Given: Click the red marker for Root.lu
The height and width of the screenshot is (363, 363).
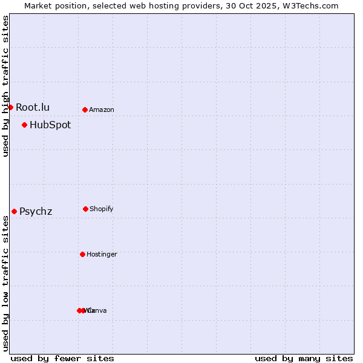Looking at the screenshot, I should pos(10,107).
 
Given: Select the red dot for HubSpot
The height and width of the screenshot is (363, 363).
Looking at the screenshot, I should pos(24,125).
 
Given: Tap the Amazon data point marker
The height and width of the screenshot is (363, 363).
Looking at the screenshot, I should pos(85,110).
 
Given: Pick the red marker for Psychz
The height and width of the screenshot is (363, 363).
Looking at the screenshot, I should pos(14,211).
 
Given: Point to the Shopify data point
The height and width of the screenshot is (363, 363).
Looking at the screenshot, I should pos(85,209).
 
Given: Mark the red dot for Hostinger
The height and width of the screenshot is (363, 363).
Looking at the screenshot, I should pos(82,254).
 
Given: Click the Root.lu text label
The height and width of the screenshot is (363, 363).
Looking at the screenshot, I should pos(33,107).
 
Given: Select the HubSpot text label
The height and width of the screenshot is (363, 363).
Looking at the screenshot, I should pos(50,125).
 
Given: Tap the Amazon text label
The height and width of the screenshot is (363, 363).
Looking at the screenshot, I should pos(102,110).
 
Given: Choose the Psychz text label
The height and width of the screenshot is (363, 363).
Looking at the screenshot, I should pos(36,212).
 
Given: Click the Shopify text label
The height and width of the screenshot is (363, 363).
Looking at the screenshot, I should pos(102,209).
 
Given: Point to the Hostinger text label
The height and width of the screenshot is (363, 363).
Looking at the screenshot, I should pos(102,255).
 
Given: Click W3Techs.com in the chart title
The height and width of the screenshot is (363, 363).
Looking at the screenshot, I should pos(308,5).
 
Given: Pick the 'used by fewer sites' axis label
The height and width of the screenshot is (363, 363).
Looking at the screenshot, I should pos(62,358).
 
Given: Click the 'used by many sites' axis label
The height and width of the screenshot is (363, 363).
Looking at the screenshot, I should pos(304,358).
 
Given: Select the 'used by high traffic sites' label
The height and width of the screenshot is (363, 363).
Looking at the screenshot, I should pos(5,86).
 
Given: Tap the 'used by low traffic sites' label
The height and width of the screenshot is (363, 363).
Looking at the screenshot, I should pos(5,283).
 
